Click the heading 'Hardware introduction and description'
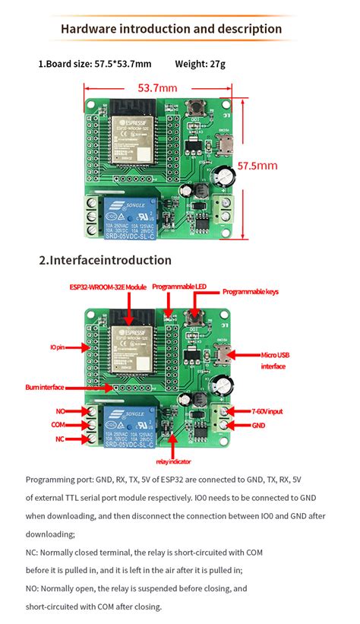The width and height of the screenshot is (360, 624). click(x=171, y=29)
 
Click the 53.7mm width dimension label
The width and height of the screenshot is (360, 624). click(x=157, y=88)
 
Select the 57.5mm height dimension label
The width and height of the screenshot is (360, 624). click(x=257, y=165)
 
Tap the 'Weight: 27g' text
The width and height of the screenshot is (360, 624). click(x=200, y=64)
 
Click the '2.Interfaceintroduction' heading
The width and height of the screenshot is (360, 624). click(x=105, y=260)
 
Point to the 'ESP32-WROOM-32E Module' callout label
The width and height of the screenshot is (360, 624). click(x=108, y=287)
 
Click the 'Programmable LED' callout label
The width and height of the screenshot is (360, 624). click(x=179, y=287)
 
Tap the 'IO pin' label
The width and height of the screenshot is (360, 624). click(x=58, y=347)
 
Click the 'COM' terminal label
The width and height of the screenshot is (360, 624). click(x=58, y=424)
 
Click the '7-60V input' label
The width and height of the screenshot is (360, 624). click(x=267, y=411)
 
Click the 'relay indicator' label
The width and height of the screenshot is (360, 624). click(x=173, y=461)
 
